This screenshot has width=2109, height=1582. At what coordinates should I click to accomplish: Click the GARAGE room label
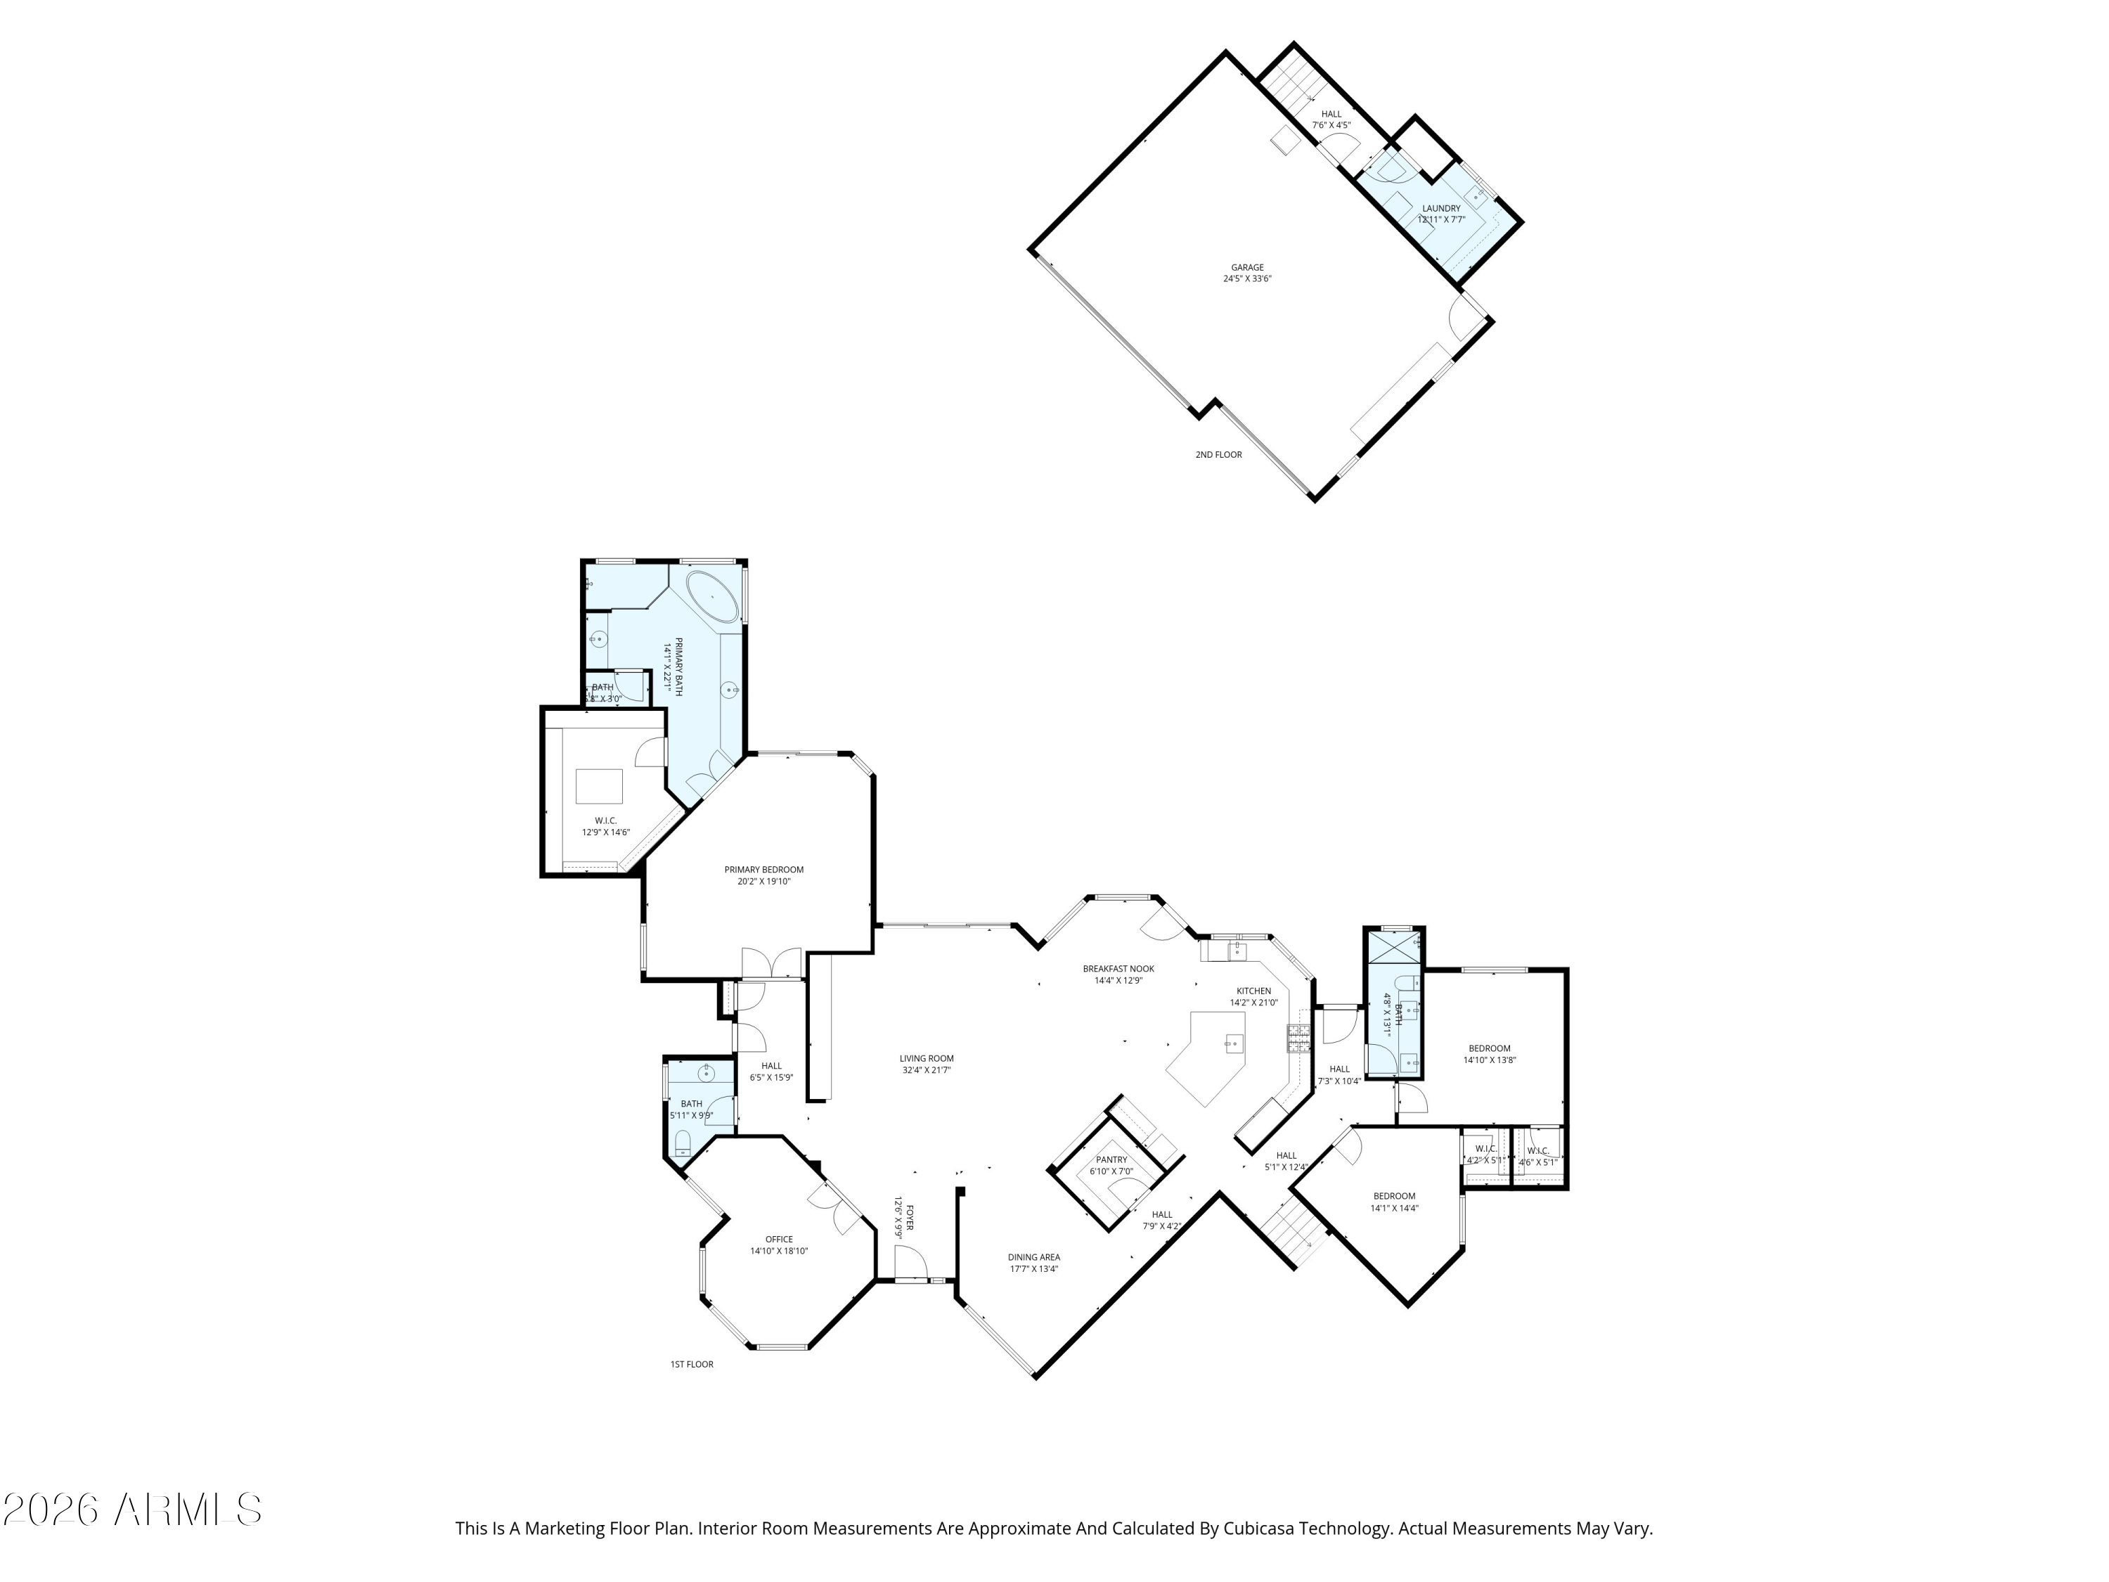1246,268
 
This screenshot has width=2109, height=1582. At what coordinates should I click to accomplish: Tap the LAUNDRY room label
1440,209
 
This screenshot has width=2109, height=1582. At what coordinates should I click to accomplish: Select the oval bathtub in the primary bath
712,597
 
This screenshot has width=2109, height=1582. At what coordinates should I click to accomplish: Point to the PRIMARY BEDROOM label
763,870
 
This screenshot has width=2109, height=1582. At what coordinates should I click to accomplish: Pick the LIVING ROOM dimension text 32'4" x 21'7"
927,1070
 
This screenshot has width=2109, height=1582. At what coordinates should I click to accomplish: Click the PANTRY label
1111,1159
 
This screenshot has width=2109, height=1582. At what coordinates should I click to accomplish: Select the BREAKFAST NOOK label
1118,969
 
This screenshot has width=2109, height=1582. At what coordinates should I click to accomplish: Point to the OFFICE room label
779,1240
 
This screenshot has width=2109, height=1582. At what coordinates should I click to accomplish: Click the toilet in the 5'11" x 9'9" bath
682,1144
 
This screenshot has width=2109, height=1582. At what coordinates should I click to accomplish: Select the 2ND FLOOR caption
1218,455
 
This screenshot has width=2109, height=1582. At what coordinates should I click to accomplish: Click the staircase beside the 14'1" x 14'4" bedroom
1294,1235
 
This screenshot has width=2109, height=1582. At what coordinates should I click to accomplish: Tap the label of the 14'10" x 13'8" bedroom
1489,1048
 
